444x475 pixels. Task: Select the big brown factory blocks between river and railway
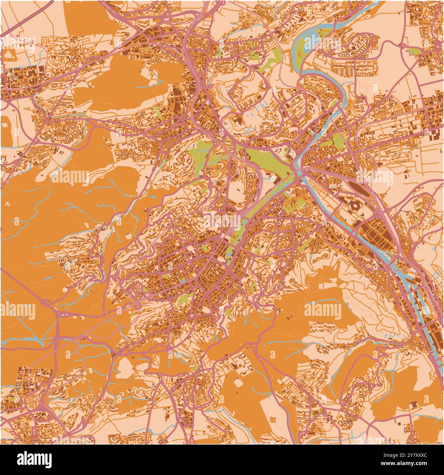tap(376, 236)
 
